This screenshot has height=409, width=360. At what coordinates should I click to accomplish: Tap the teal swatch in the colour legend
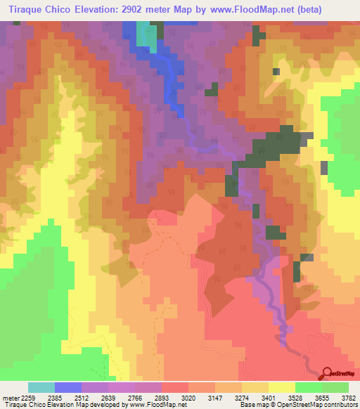41,387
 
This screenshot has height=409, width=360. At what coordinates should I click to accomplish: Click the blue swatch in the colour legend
68,387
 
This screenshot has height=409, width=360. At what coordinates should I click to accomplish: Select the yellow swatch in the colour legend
281,387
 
